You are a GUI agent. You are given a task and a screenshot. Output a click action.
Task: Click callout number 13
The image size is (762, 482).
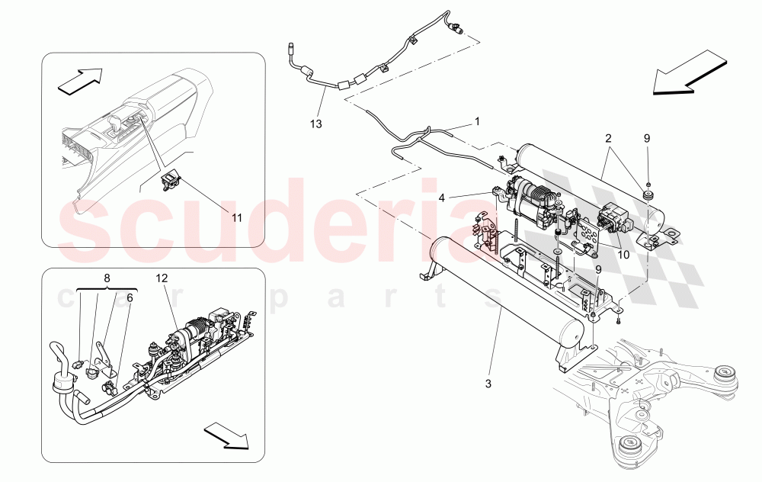coord(316,124)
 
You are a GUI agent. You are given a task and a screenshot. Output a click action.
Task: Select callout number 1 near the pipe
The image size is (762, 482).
coord(477,120)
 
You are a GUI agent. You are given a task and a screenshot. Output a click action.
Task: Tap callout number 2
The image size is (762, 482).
coord(608,139)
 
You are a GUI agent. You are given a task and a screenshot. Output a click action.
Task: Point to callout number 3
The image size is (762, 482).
coord(488,384)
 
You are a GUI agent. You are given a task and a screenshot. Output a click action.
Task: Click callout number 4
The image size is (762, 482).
coord(442,198)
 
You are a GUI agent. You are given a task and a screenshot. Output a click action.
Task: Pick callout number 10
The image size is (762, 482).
coord(623,255)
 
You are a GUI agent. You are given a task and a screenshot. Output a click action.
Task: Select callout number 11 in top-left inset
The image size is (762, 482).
coord(237,218)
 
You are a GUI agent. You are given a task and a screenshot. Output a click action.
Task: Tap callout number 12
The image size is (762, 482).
coord(162,278)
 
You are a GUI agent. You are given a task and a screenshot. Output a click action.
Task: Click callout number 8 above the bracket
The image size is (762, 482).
coord(107,278)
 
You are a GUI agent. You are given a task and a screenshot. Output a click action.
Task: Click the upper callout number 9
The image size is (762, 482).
coord(647,139)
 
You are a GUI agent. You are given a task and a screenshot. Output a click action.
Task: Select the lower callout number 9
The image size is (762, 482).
coord(598,269)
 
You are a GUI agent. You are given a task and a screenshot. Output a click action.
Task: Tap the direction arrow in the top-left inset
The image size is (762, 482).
coord(80,80)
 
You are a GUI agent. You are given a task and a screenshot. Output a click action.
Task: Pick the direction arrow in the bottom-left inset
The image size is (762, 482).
coord(226,435)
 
